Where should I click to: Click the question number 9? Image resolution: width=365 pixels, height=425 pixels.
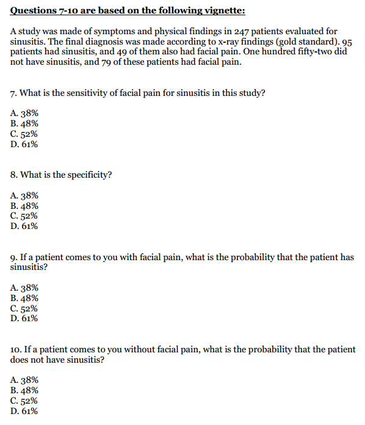pos(13,257)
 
